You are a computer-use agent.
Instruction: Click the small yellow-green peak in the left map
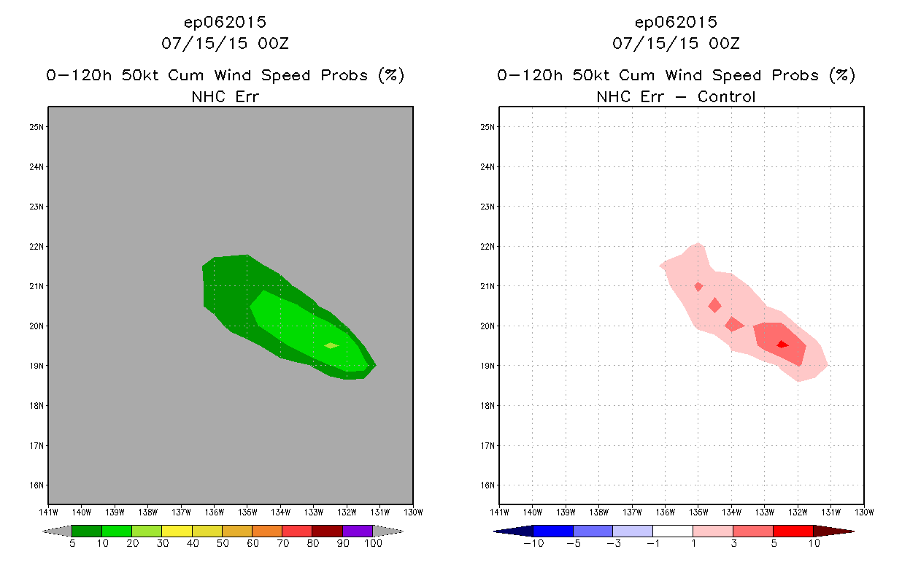(x=331, y=345)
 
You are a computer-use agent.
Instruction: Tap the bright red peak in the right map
(x=782, y=344)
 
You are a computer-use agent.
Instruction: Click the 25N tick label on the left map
(x=37, y=127)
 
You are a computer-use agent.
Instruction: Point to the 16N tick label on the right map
(x=488, y=485)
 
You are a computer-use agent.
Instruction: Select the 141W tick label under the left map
(x=48, y=511)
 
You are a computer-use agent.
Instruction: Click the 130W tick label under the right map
(x=864, y=511)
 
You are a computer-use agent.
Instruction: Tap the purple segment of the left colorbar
(x=358, y=531)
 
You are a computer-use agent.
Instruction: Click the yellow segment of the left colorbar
(x=177, y=531)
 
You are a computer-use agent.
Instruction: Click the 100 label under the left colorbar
(x=373, y=543)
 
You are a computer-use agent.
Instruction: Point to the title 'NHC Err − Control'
(x=676, y=96)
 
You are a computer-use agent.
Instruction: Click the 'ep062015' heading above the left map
(x=225, y=23)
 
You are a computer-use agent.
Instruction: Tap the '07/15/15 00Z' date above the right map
(x=676, y=43)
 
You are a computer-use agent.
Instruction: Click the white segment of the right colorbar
(x=672, y=531)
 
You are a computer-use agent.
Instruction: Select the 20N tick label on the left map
(x=37, y=326)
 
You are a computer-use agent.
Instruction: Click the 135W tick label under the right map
(x=698, y=511)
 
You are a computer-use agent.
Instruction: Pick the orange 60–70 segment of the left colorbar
(x=267, y=531)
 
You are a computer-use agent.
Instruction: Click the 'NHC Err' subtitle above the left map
(x=225, y=96)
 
